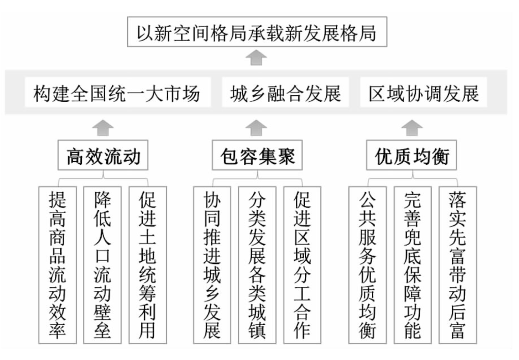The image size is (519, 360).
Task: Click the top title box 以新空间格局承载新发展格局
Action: (257, 32)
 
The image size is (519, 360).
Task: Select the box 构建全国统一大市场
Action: (118, 93)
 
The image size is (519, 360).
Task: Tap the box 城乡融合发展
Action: (285, 93)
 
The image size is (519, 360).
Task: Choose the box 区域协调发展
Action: (423, 93)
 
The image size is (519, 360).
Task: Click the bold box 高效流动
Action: (103, 155)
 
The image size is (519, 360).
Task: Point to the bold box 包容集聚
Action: (257, 155)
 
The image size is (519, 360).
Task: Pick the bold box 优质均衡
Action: (411, 155)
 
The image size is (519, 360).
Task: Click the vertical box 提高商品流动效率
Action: (57, 265)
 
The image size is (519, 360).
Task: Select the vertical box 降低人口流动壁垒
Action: (102, 265)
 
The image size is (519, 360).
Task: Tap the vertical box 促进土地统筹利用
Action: (147, 265)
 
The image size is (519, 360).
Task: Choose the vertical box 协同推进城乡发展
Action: (212, 265)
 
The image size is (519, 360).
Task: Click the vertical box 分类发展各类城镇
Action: (257, 265)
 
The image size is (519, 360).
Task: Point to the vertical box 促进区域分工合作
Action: (302, 265)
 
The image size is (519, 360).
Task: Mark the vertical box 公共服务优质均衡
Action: (368, 265)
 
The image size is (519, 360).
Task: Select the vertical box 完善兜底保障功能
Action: (412, 265)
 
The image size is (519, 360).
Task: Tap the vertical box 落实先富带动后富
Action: (458, 265)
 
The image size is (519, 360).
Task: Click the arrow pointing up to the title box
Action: (257, 57)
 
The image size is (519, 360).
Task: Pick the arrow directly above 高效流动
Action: (103, 128)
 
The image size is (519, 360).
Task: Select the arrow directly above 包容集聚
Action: (257, 128)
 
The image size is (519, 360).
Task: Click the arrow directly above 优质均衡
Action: (412, 128)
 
